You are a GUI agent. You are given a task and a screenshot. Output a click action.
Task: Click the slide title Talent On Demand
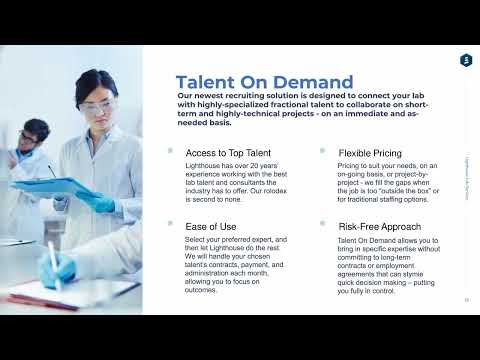click(x=264, y=82)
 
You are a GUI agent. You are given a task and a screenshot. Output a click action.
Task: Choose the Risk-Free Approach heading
click(x=379, y=227)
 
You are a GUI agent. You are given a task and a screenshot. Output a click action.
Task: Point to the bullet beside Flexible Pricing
click(x=322, y=151)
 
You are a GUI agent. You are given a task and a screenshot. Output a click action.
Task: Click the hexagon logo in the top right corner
click(x=465, y=61)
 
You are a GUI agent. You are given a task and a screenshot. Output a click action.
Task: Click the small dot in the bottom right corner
click(x=466, y=299)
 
